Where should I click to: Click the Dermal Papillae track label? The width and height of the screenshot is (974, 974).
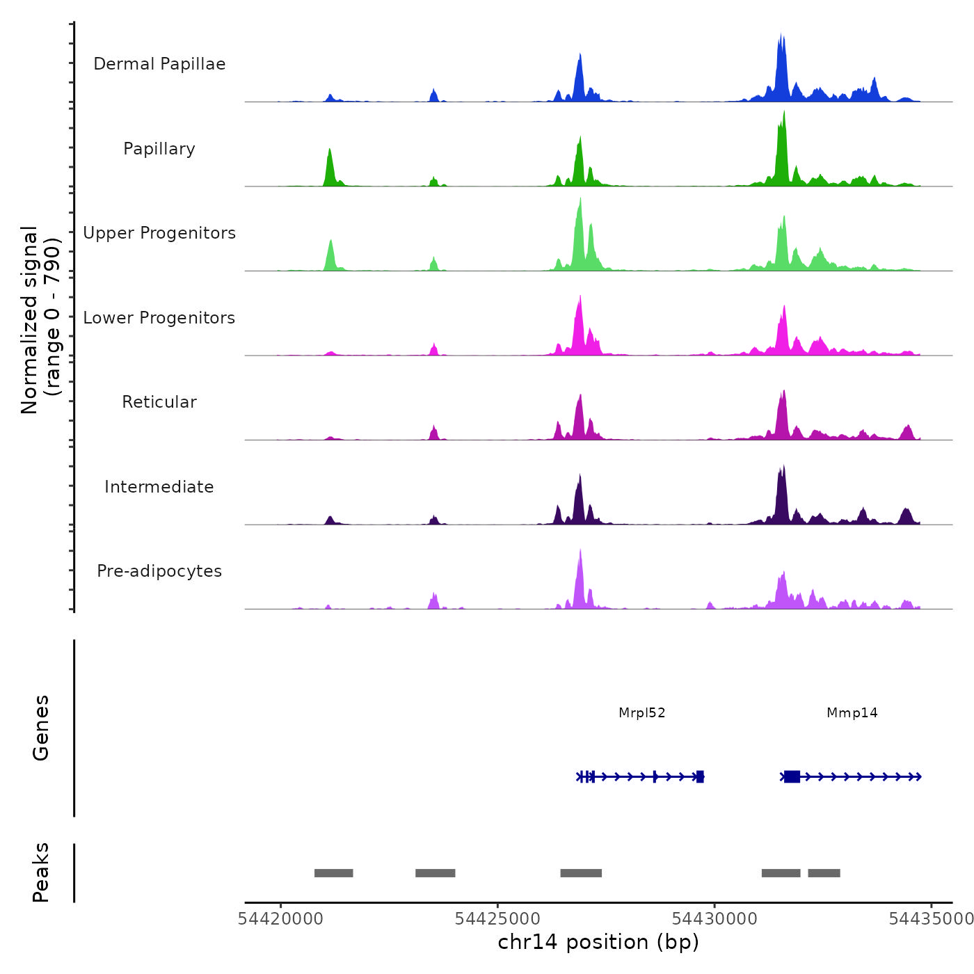[x=159, y=64]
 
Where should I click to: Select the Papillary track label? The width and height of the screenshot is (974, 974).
[x=159, y=149]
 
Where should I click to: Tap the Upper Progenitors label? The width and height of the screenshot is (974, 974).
[x=159, y=233]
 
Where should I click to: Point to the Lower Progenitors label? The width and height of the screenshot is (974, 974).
[x=159, y=318]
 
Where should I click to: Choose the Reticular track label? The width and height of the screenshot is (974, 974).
[x=159, y=402]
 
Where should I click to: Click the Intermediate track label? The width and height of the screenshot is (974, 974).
[x=159, y=487]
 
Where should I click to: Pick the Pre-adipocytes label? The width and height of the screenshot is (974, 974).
[x=159, y=571]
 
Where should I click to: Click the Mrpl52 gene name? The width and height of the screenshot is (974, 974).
[x=641, y=713]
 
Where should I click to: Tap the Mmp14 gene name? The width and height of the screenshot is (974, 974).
[x=852, y=713]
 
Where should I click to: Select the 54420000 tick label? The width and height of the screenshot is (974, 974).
[x=280, y=919]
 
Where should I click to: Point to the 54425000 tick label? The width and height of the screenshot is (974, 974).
[x=497, y=919]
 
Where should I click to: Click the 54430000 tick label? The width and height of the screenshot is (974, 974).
[x=714, y=919]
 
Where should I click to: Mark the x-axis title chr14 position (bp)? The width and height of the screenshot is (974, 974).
[x=598, y=942]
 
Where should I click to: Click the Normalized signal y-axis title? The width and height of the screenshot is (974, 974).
[x=40, y=320]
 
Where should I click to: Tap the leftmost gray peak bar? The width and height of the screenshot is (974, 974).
[x=333, y=873]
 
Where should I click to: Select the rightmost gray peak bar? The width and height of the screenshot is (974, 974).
[x=824, y=873]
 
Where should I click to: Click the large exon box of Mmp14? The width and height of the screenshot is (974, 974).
[x=792, y=776]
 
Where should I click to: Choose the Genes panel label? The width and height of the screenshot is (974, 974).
[x=41, y=728]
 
